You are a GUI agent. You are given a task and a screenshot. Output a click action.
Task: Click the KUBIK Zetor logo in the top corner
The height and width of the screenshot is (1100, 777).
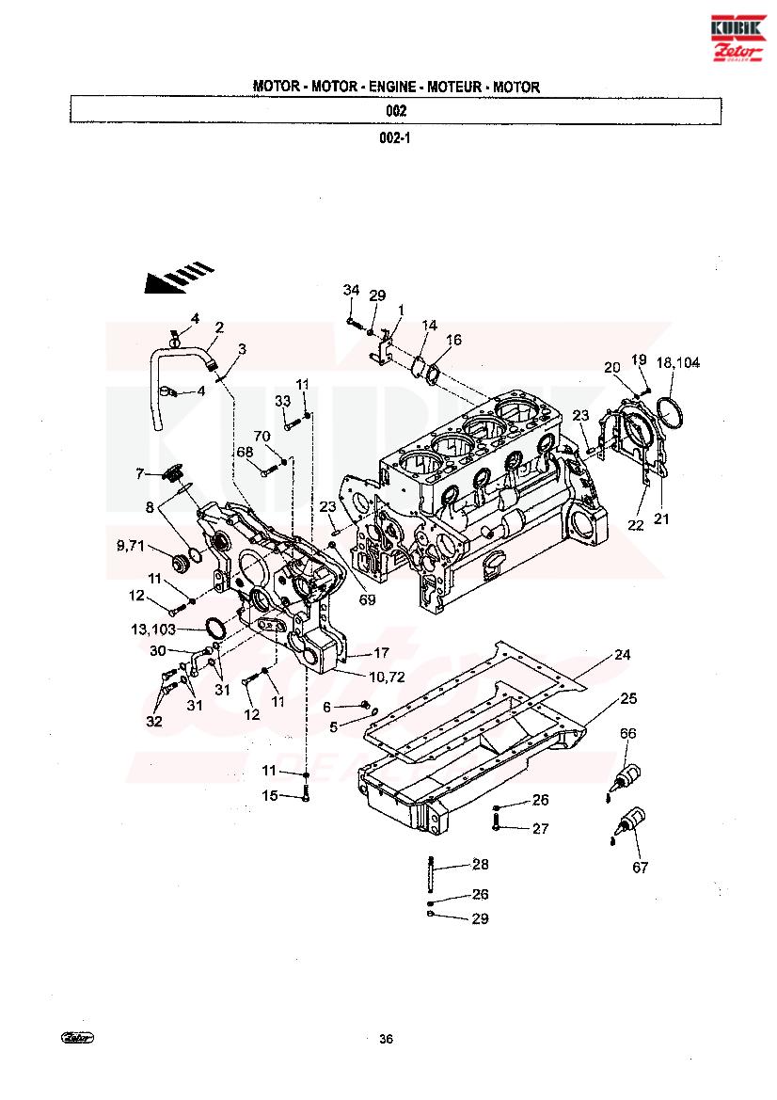(737, 39)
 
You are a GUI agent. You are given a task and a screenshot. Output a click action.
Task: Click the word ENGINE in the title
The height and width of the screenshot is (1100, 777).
(392, 87)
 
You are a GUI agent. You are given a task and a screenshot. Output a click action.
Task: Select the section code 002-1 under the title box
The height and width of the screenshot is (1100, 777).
(395, 138)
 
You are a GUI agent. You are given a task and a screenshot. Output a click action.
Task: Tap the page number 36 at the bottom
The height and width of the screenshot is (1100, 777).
(386, 1039)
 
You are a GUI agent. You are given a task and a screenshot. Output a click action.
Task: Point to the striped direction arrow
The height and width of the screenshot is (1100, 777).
(179, 278)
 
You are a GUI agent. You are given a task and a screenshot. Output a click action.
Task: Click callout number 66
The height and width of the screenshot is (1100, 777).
(627, 733)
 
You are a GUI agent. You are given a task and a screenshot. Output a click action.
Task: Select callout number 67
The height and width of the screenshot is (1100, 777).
(641, 867)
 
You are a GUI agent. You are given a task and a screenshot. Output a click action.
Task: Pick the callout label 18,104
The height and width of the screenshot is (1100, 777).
(677, 362)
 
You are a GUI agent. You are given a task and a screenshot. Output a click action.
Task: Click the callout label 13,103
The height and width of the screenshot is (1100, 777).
(153, 629)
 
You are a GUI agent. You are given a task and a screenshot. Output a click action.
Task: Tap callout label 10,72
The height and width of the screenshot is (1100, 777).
(388, 677)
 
